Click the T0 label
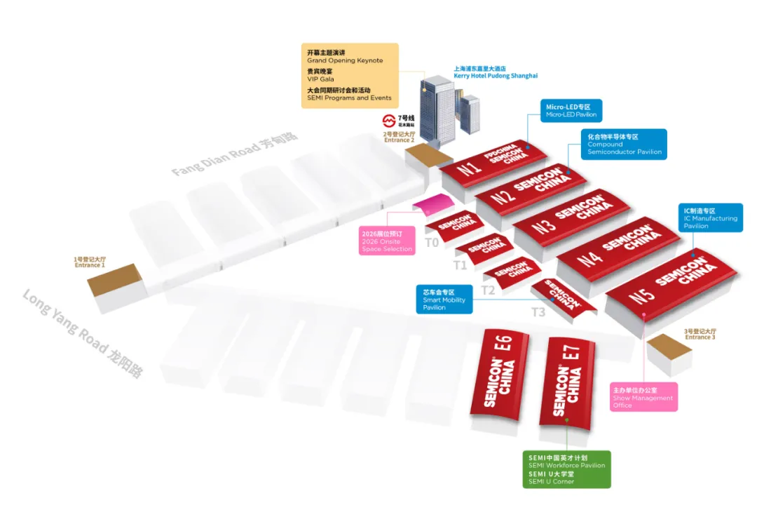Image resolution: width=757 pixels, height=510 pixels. (x=432, y=243)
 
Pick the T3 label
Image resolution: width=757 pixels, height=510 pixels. (x=538, y=312)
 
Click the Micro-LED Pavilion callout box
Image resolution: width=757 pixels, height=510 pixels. (x=571, y=111)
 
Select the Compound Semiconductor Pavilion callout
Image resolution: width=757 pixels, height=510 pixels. (x=623, y=145)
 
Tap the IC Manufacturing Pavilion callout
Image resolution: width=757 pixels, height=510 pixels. (x=711, y=218)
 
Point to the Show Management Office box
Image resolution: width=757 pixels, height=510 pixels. (x=643, y=397)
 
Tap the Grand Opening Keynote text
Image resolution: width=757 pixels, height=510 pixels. (x=345, y=60)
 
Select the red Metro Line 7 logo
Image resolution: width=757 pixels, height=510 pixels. (x=388, y=121)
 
